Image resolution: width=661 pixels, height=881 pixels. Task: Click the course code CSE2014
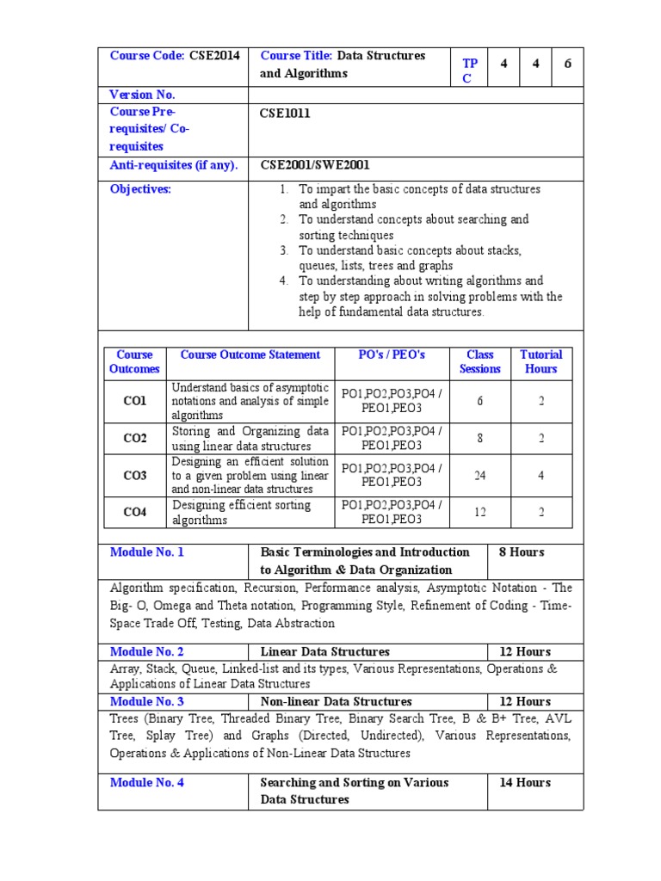point(212,56)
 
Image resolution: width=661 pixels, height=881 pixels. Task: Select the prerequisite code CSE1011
point(285,113)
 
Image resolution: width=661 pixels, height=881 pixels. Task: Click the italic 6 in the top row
point(567,64)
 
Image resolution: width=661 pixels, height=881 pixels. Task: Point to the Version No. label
point(142,95)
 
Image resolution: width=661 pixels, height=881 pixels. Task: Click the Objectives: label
point(140,189)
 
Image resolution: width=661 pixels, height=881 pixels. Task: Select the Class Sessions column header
point(479,361)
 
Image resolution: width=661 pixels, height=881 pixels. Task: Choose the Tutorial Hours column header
point(541,361)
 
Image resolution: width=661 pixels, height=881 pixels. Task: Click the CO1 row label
point(135,401)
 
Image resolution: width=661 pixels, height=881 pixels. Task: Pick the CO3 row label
point(135,475)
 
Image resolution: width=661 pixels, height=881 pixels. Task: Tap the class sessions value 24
point(480,475)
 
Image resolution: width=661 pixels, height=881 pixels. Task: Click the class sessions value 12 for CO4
point(480,513)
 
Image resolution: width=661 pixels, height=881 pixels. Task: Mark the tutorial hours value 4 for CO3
point(541,475)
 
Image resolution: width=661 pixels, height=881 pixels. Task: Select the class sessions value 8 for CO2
point(480,438)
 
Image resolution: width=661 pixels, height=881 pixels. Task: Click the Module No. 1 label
point(147,552)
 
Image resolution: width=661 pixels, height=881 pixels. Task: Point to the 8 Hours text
point(522,552)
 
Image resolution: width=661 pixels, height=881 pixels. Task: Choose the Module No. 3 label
point(147,702)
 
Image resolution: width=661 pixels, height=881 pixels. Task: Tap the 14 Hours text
point(525,783)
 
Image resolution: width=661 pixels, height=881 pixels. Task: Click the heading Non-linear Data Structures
point(336,702)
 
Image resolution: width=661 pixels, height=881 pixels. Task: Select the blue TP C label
point(469,71)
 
